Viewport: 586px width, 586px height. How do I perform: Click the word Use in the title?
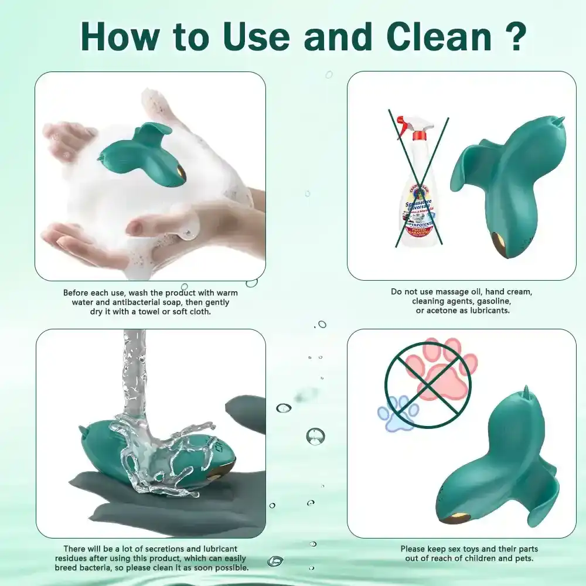pyautogui.click(x=255, y=36)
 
